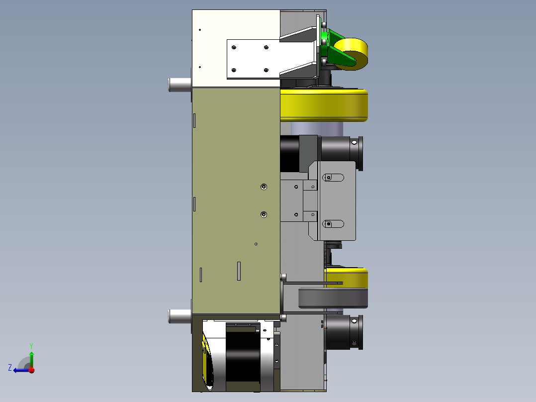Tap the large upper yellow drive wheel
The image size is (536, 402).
pos(323,104)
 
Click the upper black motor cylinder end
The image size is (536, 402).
pos(343,153)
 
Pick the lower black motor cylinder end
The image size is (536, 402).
pos(344,332)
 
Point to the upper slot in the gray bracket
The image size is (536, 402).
pos(334,178)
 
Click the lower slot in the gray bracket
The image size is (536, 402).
pos(334,224)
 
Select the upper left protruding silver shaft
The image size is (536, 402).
pos(179,85)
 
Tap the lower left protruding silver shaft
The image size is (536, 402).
pos(179,316)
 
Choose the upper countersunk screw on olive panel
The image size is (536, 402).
pos(264,187)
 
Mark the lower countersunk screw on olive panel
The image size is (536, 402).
pos(264,214)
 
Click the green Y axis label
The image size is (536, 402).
pos(31,345)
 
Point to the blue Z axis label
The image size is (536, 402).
pos(10,368)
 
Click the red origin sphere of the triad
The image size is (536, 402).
pos(31,370)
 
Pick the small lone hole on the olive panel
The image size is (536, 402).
pos(256,244)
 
